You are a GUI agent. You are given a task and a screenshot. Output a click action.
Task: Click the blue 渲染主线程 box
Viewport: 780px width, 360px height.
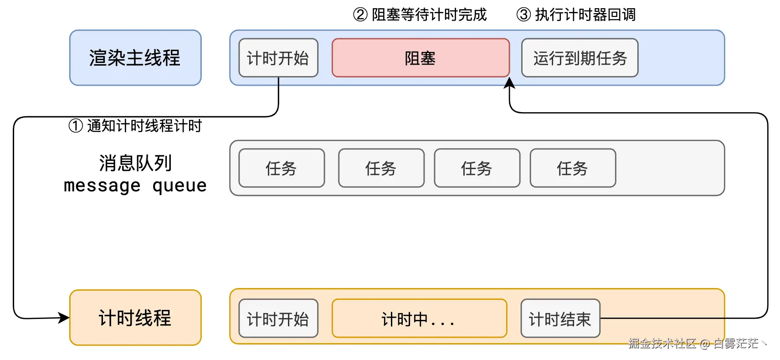(135, 58)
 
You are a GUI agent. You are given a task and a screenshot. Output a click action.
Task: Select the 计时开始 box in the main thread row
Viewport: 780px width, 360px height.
(278, 58)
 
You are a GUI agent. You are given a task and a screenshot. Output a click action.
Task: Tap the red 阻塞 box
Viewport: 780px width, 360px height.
(421, 58)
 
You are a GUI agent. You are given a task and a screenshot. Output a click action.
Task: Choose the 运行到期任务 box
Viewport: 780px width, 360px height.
(580, 58)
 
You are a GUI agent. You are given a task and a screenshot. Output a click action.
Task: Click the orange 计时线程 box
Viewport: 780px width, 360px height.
(135, 318)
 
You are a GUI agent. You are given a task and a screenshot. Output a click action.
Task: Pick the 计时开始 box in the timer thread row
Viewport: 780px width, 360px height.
(278, 318)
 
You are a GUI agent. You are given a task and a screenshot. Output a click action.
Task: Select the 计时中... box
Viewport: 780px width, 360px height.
(419, 318)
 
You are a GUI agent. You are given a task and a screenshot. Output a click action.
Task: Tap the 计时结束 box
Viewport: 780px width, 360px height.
(560, 318)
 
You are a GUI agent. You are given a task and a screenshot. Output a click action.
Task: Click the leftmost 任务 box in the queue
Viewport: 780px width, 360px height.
(282, 168)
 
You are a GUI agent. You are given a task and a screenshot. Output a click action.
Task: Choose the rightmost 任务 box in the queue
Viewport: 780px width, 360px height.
(573, 168)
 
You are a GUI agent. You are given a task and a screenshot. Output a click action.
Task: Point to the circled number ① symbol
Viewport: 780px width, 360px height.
(76, 126)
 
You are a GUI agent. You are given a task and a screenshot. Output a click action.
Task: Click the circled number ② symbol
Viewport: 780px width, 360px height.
(360, 15)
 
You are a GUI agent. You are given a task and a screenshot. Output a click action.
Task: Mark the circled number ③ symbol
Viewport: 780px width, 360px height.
(523, 15)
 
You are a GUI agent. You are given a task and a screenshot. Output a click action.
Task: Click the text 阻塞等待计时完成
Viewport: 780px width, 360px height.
(429, 15)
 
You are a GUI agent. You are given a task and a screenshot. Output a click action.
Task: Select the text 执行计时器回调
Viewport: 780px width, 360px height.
(585, 15)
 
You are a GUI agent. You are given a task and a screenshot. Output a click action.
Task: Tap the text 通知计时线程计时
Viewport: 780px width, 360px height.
(144, 126)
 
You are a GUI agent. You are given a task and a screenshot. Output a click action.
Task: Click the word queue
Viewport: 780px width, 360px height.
(180, 186)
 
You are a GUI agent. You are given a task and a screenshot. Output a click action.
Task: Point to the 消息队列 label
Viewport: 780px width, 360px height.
(135, 163)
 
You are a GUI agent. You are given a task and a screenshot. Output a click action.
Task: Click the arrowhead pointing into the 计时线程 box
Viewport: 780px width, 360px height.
(64, 318)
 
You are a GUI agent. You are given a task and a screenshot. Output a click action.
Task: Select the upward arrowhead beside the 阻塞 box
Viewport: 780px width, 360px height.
(509, 83)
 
